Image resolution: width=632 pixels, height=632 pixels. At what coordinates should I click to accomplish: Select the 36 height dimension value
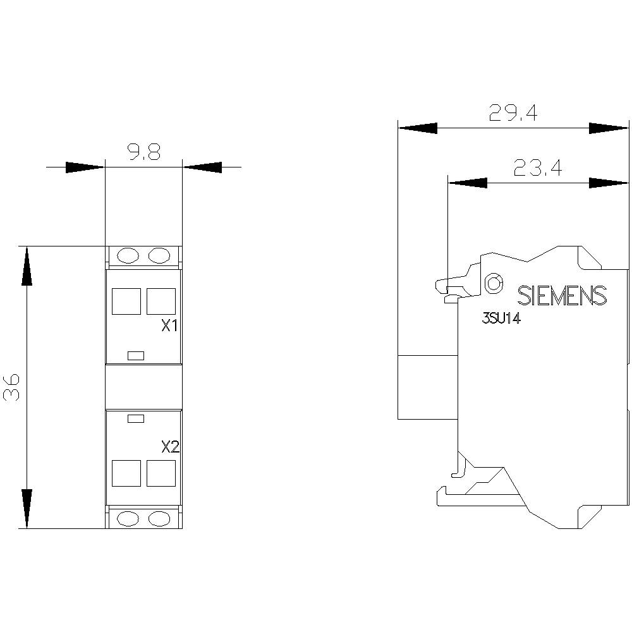(x=13, y=387)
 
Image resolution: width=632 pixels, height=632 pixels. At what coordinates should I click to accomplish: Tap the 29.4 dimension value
(x=513, y=113)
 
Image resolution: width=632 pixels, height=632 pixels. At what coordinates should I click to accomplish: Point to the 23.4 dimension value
(x=537, y=167)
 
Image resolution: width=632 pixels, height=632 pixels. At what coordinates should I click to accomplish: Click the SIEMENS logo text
(x=562, y=296)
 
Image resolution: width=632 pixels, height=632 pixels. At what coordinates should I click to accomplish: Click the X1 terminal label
(x=170, y=327)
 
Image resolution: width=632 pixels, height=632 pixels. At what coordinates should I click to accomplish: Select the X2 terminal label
(x=170, y=447)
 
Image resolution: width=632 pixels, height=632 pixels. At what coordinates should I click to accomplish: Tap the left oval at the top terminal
(x=128, y=255)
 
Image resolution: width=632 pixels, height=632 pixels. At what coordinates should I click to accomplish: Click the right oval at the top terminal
(x=159, y=255)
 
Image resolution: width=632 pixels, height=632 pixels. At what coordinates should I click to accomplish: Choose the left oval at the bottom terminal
(x=128, y=518)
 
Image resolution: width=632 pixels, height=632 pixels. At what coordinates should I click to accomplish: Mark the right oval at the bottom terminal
(x=159, y=518)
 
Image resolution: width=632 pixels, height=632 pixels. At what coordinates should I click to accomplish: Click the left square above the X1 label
(x=126, y=301)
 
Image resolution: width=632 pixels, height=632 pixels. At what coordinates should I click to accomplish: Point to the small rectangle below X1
(x=137, y=355)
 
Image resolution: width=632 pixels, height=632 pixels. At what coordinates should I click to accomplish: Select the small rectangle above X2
(x=137, y=418)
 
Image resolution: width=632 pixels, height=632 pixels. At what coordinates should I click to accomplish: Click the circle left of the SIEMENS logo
(x=494, y=283)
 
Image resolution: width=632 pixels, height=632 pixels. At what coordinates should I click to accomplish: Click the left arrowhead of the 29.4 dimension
(x=417, y=128)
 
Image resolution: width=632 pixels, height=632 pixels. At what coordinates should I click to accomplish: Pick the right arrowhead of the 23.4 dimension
(x=608, y=183)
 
